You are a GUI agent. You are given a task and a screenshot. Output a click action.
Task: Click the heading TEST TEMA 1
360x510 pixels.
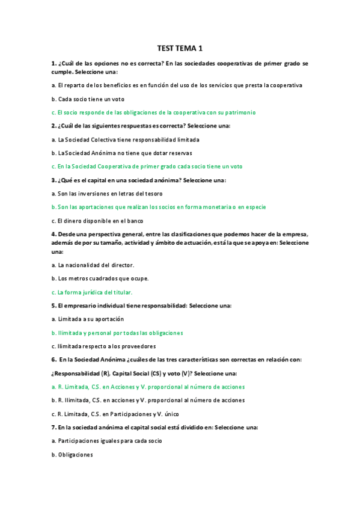tap(180, 48)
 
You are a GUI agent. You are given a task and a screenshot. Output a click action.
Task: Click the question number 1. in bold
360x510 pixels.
tap(53, 63)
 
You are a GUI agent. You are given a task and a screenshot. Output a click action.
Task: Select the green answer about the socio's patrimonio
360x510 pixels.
tap(153, 112)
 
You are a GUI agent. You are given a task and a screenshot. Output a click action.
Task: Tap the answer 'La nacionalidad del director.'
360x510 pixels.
tap(93, 265)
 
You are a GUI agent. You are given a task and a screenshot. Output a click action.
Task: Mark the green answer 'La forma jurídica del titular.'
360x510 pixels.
tap(91, 292)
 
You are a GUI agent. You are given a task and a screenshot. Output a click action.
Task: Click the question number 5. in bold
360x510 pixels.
tap(53, 306)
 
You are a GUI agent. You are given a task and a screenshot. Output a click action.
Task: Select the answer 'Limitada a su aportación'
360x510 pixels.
tap(88, 319)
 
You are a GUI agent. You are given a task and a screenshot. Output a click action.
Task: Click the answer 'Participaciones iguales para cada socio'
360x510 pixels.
tap(106, 441)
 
